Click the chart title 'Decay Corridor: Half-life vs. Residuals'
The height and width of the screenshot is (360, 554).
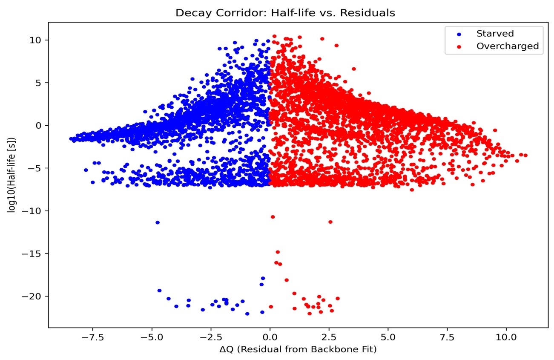[x=285, y=13]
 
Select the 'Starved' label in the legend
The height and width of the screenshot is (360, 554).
[x=495, y=34]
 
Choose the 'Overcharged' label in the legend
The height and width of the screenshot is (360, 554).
[x=507, y=46]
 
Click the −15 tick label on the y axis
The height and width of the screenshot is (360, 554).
[x=34, y=254]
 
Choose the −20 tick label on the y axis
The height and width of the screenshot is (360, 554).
[x=34, y=297]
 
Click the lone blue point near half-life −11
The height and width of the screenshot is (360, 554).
[x=158, y=222]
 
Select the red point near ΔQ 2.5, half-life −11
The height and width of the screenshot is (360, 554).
[x=330, y=222]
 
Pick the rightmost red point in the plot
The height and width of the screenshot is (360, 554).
[x=525, y=155]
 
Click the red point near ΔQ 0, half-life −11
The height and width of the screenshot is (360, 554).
[x=273, y=217]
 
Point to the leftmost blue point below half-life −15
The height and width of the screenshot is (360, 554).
[x=159, y=291]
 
